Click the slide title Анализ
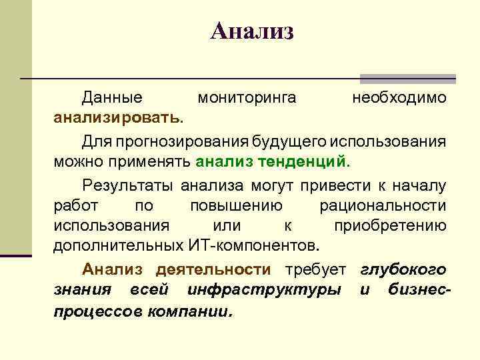(x=251, y=31)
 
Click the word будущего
(x=285, y=141)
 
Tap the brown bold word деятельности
(x=213, y=269)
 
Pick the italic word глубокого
(x=403, y=269)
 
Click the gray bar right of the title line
(x=407, y=78)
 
